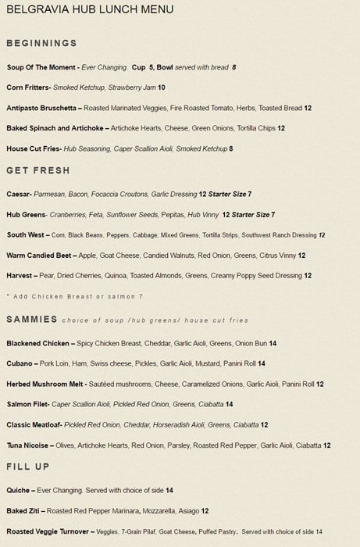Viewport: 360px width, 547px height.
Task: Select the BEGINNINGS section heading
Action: (x=41, y=43)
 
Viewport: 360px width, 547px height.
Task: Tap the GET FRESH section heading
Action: (x=38, y=170)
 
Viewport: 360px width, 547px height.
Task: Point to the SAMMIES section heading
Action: (x=32, y=319)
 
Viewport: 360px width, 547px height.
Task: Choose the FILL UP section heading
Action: (x=28, y=467)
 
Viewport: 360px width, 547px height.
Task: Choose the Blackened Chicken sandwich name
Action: (x=38, y=343)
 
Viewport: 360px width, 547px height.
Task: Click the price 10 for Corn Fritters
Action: (x=162, y=88)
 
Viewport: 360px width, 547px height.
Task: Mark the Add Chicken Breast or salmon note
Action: (x=75, y=297)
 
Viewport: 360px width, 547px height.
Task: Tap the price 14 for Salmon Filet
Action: (x=229, y=405)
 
